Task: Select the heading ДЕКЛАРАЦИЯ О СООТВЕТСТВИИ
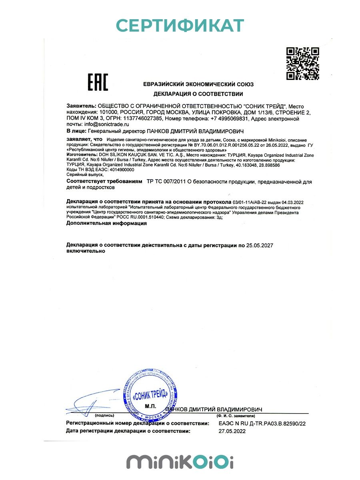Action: (x=198, y=94)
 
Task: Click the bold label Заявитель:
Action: (x=82, y=106)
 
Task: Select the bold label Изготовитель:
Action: (x=81, y=154)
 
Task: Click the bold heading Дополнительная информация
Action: (x=106, y=224)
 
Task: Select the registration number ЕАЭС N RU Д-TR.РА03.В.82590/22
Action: (x=262, y=423)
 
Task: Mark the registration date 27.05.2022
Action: (x=232, y=431)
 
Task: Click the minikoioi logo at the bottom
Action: (x=180, y=461)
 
